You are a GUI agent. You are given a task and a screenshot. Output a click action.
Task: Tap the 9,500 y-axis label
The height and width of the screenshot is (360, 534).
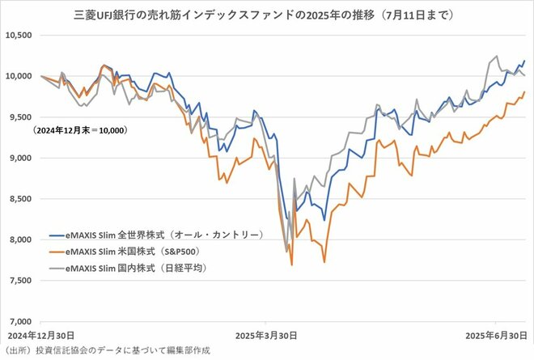(x=19, y=117)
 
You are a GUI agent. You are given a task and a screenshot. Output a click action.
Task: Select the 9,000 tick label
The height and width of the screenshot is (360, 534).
(x=19, y=158)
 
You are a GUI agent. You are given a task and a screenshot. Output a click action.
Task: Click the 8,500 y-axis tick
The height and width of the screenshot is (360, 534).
(x=19, y=199)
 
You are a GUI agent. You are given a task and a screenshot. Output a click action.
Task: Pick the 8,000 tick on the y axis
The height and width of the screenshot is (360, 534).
(x=19, y=239)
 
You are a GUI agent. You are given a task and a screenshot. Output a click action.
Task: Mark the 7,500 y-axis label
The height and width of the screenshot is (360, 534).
(x=19, y=281)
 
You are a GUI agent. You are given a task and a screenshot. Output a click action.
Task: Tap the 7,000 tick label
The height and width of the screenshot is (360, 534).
(x=19, y=321)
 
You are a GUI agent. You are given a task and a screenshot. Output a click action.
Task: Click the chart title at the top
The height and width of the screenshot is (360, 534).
(x=267, y=14)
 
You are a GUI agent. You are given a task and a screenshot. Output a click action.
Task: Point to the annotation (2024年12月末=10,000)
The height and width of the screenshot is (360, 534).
(x=80, y=129)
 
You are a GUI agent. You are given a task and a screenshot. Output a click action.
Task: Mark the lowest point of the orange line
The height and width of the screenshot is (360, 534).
(x=291, y=265)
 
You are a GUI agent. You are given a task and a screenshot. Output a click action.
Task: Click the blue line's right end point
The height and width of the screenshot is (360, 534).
(x=525, y=61)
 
